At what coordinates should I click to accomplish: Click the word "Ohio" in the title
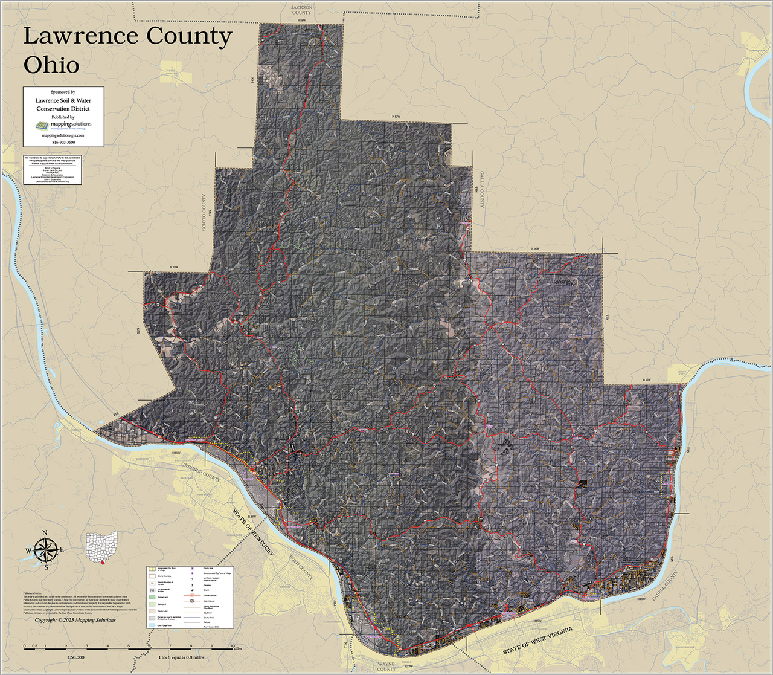(x=51, y=64)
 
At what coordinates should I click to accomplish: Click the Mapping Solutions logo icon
(x=41, y=126)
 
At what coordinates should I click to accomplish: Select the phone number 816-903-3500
(x=63, y=141)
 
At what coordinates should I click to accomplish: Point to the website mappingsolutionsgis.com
(x=63, y=136)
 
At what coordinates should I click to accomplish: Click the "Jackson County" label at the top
(x=301, y=10)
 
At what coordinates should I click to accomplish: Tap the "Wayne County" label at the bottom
(x=386, y=666)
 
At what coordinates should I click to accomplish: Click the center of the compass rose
(x=45, y=550)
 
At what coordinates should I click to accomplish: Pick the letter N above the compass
(x=45, y=533)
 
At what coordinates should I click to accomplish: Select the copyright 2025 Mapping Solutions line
(x=75, y=620)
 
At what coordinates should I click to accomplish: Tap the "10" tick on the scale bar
(x=233, y=646)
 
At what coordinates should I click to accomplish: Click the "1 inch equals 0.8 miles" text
(x=181, y=657)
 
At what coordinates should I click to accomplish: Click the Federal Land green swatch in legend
(x=152, y=597)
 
